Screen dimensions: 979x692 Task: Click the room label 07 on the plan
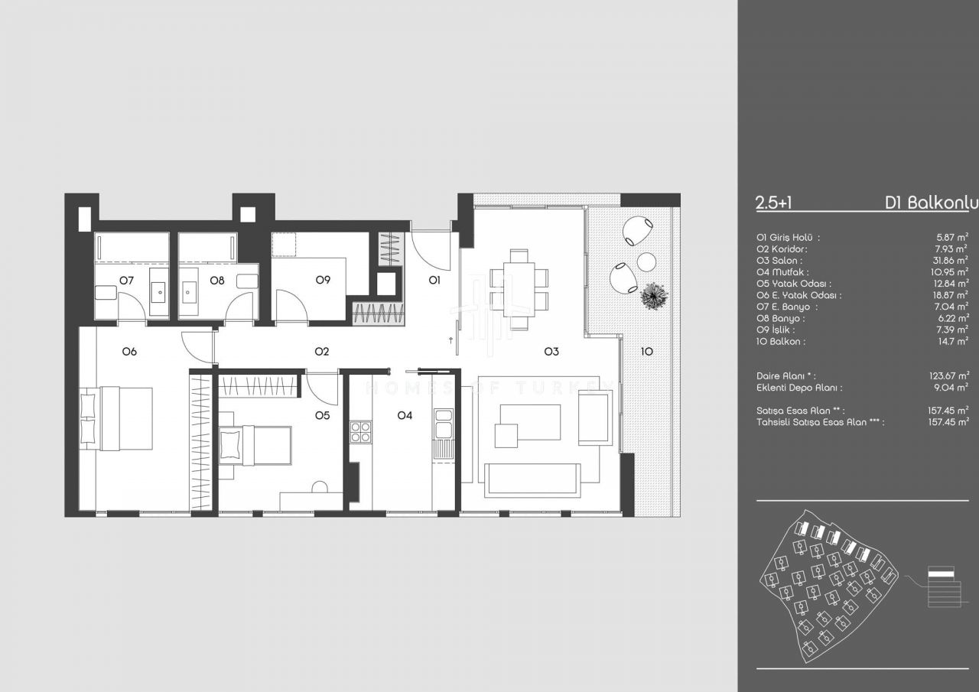coord(127,280)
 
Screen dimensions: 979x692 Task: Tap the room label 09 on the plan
coord(323,280)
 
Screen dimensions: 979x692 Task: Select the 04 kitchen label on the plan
coord(405,415)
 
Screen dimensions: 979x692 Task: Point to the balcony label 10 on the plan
coord(647,351)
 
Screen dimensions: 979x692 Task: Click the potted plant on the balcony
coord(654,296)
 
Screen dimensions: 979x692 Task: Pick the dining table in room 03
coord(519,289)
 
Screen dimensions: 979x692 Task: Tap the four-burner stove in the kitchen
coord(360,432)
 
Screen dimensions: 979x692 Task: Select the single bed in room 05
coord(255,445)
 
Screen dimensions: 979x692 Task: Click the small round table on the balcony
coord(646,262)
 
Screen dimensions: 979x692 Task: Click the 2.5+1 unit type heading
coord(773,203)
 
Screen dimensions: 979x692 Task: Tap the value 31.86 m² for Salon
coord(950,260)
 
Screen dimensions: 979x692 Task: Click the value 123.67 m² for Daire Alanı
coord(948,375)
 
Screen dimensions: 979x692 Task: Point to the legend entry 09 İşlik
coord(776,330)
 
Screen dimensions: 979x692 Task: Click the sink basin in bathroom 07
coord(158,291)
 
